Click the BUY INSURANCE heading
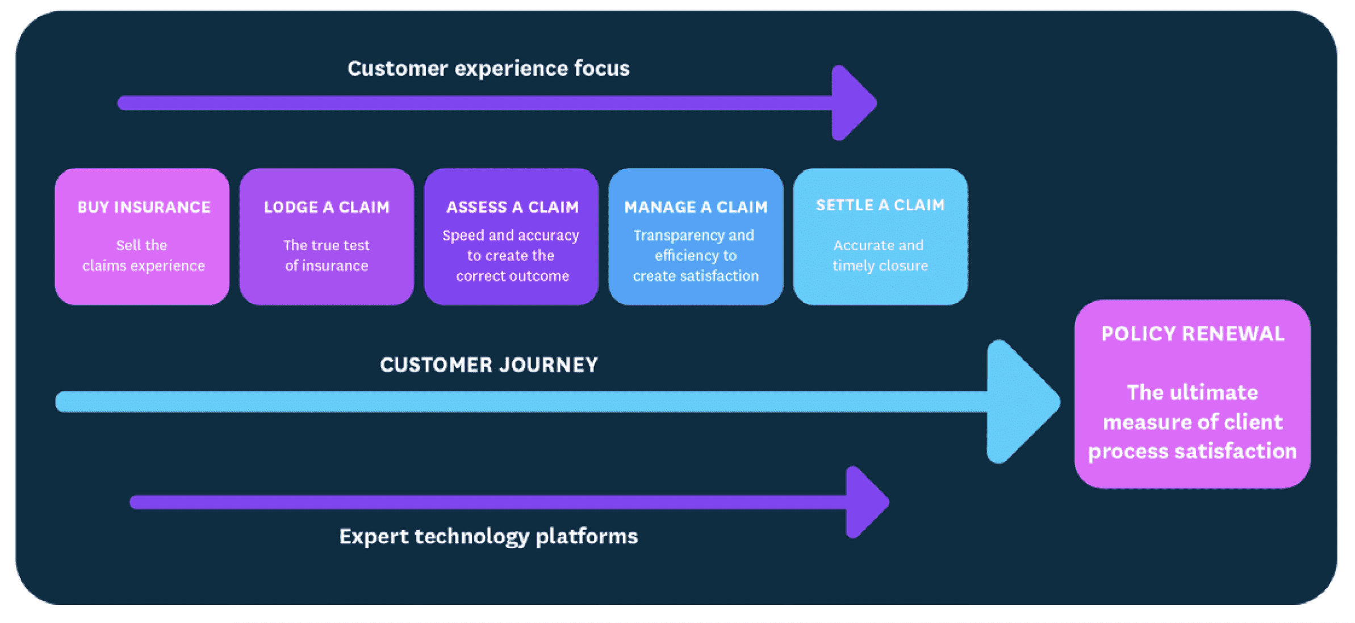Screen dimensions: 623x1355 [x=144, y=207]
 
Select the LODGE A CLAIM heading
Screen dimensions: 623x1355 [x=327, y=207]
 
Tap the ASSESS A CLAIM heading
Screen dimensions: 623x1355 [x=512, y=207]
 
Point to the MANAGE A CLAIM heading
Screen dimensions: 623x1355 [x=696, y=207]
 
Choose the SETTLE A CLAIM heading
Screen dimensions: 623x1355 [x=880, y=205]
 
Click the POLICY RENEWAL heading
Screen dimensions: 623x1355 [x=1193, y=334]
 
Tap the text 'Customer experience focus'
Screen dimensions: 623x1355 [x=488, y=69]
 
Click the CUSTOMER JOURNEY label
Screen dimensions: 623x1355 [x=488, y=365]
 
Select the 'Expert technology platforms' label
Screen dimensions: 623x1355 [x=488, y=536]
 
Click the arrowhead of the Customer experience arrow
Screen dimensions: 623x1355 [x=852, y=103]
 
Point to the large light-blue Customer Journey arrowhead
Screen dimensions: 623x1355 [x=1019, y=402]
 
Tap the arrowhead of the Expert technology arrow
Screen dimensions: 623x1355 [x=865, y=502]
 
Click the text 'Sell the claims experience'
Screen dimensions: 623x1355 [x=143, y=255]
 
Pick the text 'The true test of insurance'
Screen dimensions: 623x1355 [x=327, y=255]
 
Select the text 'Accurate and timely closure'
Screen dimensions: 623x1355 [x=880, y=255]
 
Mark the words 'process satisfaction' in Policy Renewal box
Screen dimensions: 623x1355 [x=1192, y=451]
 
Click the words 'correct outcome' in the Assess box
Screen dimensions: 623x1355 [x=512, y=276]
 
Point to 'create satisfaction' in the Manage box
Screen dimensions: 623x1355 [x=696, y=276]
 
